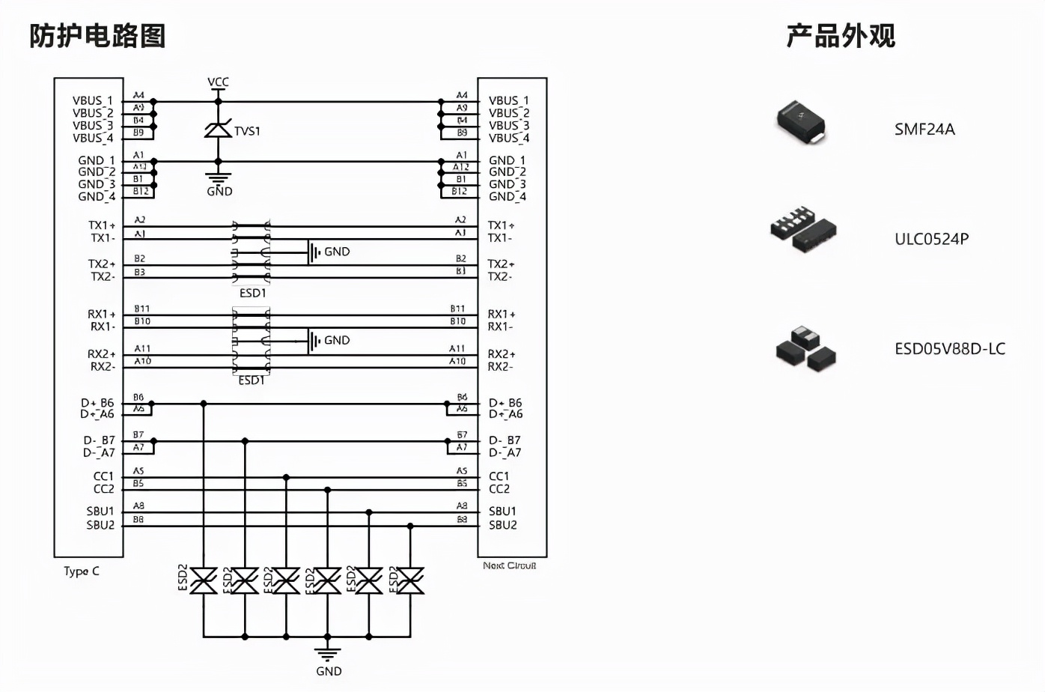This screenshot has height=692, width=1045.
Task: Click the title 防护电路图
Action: click(97, 35)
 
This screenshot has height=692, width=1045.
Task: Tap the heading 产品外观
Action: click(840, 35)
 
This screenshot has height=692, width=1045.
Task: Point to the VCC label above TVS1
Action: click(218, 82)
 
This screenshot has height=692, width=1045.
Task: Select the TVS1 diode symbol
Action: click(218, 130)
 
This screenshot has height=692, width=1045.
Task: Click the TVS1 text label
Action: click(247, 131)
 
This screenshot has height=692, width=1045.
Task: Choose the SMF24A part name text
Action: click(924, 129)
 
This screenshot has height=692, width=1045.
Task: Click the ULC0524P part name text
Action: click(931, 239)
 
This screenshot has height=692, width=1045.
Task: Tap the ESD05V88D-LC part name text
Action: click(949, 348)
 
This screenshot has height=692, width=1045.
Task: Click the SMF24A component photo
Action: click(801, 121)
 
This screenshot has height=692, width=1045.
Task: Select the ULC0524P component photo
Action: click(803, 228)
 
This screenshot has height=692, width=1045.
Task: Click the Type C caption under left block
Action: click(81, 571)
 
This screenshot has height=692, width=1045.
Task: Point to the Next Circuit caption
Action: click(509, 565)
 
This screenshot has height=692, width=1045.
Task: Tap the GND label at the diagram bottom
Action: click(328, 671)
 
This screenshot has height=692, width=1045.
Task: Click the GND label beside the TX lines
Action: click(336, 252)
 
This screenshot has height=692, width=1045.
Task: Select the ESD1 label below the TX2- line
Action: click(252, 293)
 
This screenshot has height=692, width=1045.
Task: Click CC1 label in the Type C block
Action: click(103, 476)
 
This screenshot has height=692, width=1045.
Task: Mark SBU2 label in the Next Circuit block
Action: click(502, 525)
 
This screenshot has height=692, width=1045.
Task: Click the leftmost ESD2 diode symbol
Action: click(204, 580)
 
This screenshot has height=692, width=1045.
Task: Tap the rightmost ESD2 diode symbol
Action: click(409, 580)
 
